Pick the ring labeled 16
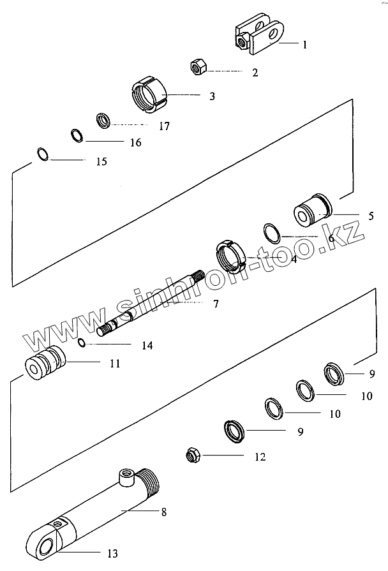click(x=76, y=136)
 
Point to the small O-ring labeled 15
click(x=41, y=154)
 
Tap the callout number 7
click(x=215, y=304)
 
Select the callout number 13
click(x=112, y=554)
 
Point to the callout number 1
click(x=304, y=45)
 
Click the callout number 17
click(x=164, y=126)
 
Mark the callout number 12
click(x=259, y=457)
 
